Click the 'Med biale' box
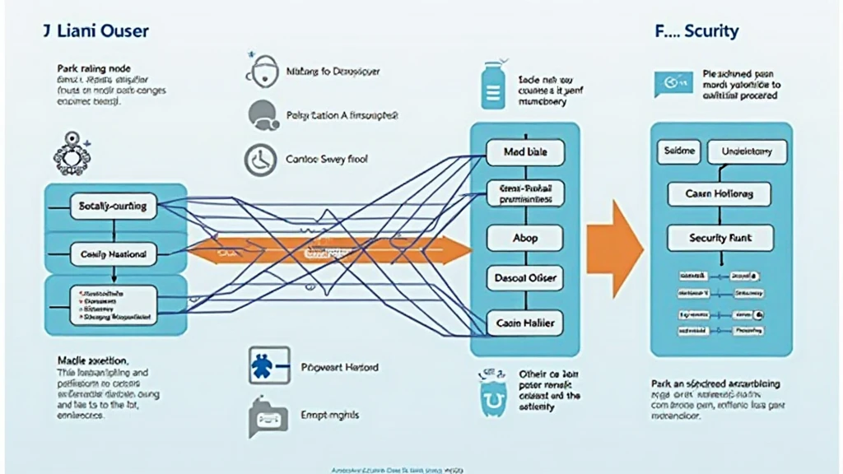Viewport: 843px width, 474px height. coord(524,152)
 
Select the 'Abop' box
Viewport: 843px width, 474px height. coord(524,237)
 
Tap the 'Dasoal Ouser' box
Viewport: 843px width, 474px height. coord(524,278)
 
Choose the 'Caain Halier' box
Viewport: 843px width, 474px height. coord(524,323)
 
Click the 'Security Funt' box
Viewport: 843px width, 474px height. coord(720,238)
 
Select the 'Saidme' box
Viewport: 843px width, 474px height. coord(679,151)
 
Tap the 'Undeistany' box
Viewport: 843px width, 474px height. coord(748,151)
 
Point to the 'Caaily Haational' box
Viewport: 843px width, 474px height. coord(113,254)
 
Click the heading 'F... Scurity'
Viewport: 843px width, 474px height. coord(696,32)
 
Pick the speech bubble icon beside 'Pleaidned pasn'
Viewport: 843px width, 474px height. coord(668,83)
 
